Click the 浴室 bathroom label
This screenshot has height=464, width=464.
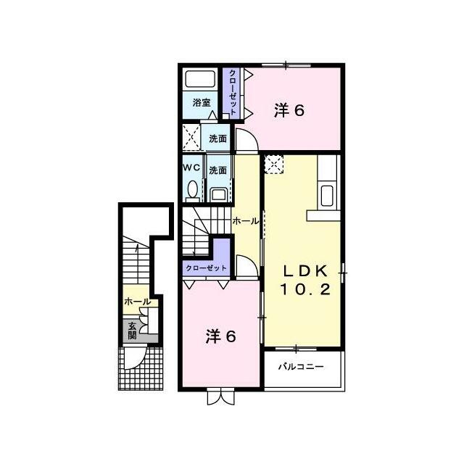[202, 103]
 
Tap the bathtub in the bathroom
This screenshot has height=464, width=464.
[200, 79]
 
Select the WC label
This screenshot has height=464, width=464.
[191, 167]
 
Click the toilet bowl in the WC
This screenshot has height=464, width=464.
[193, 189]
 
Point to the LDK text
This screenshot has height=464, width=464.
[306, 270]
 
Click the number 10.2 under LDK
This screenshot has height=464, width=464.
[305, 289]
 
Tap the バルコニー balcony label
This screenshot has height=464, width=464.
[302, 367]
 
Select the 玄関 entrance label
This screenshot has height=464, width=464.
[132, 331]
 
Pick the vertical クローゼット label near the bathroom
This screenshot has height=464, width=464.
[233, 92]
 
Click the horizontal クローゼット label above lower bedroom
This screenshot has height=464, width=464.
[206, 268]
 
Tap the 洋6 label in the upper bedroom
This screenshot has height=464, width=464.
[289, 111]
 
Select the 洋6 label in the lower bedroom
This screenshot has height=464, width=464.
[220, 336]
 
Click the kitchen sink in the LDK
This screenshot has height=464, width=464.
[327, 196]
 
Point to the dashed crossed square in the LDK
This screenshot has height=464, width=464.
[274, 164]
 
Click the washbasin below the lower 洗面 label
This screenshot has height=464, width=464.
[218, 195]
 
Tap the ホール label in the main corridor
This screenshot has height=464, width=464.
[245, 220]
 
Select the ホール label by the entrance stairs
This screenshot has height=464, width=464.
[137, 302]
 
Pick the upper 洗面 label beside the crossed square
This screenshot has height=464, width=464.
[217, 138]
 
